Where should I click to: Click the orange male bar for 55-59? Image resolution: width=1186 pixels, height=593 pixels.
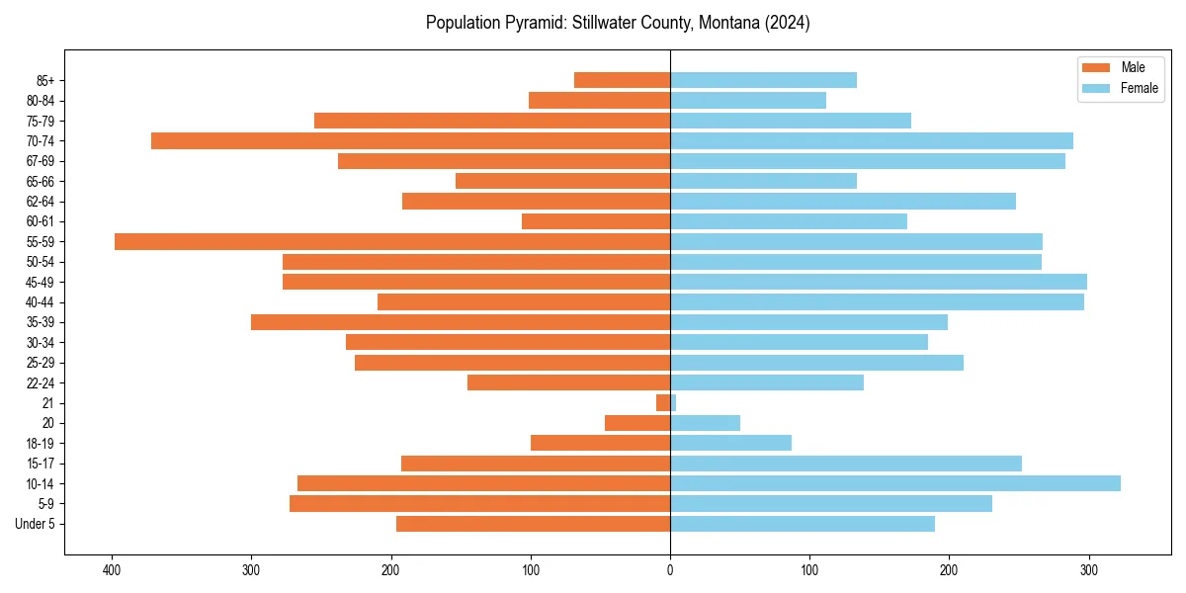click(392, 241)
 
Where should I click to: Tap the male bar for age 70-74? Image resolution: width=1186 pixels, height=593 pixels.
click(410, 140)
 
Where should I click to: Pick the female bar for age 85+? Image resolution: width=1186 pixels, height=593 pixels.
click(763, 80)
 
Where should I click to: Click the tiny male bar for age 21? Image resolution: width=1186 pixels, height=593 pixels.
click(663, 403)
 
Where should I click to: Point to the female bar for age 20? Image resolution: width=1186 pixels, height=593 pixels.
click(705, 423)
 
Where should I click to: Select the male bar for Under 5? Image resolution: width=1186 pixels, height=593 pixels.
click(533, 524)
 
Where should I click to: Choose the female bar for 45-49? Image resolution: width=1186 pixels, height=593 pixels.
click(878, 282)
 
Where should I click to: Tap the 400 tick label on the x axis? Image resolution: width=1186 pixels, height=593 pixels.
click(112, 569)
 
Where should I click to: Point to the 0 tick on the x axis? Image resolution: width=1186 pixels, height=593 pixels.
click(670, 569)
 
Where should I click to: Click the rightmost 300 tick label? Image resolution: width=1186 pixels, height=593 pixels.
click(1088, 569)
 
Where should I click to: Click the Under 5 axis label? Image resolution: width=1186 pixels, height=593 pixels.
click(35, 524)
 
